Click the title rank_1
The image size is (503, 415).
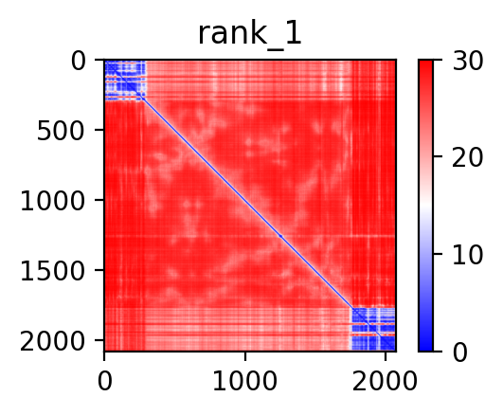(x=249, y=34)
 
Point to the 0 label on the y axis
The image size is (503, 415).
(x=79, y=62)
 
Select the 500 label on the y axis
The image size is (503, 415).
(x=61, y=131)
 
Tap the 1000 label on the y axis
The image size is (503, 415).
(x=53, y=201)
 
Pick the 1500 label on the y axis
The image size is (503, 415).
(x=53, y=271)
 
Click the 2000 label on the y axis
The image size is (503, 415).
(x=53, y=341)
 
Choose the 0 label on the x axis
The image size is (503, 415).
(x=105, y=381)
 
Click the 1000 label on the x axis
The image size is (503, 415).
(x=245, y=381)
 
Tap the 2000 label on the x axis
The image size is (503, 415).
(x=385, y=381)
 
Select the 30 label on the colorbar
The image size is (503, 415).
(x=467, y=61)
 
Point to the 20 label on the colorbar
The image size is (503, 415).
(x=467, y=158)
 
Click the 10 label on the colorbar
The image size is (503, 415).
(x=467, y=256)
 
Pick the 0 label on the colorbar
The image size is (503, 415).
(x=460, y=352)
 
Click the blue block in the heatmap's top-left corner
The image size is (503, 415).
(x=125, y=81)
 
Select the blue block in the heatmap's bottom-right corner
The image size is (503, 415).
(x=373, y=329)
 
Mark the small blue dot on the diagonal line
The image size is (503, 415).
(x=280, y=236)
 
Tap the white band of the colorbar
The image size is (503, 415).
(x=425, y=206)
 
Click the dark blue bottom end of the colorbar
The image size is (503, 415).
(x=425, y=347)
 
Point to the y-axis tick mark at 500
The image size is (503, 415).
(x=99, y=130)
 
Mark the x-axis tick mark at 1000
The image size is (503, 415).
(x=245, y=356)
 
